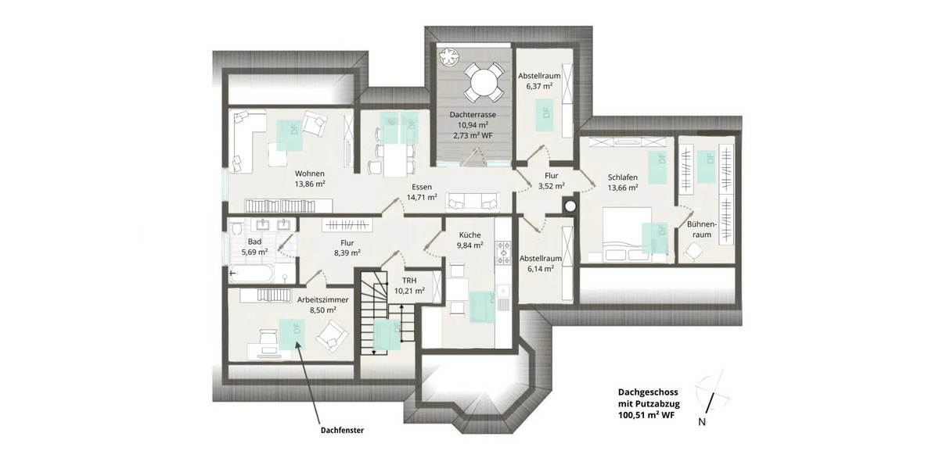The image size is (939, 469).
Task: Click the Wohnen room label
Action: [310, 174]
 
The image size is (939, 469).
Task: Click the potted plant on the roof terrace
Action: [448, 56]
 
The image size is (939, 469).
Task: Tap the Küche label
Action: [470, 234]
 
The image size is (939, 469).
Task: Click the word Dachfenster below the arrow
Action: [342, 429]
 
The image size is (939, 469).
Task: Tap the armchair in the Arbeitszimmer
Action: [333, 338]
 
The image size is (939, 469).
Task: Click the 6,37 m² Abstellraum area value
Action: [540, 87]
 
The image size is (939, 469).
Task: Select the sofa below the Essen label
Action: [472, 202]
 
